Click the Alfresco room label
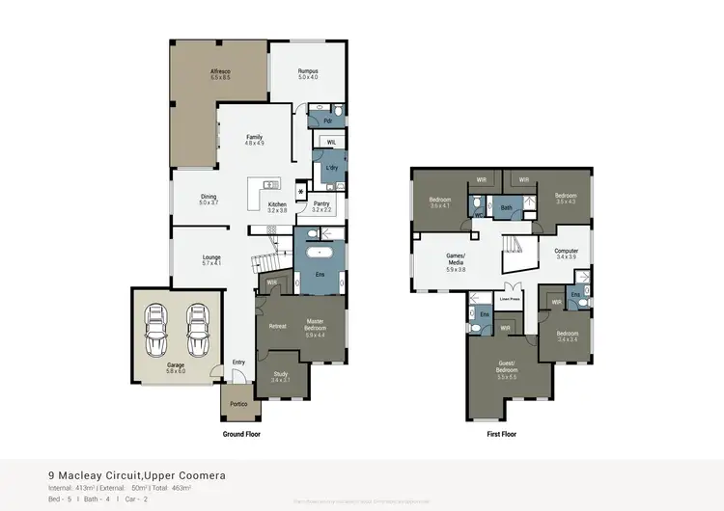pyautogui.click(x=220, y=73)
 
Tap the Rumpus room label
pyautogui.click(x=307, y=73)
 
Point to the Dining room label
pyautogui.click(x=209, y=199)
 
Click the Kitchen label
pyautogui.click(x=277, y=206)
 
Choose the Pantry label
pyautogui.click(x=321, y=206)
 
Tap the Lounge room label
pyautogui.click(x=211, y=259)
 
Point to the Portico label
pyautogui.click(x=237, y=403)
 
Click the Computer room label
pyautogui.click(x=566, y=254)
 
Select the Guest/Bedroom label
pyautogui.click(x=507, y=372)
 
